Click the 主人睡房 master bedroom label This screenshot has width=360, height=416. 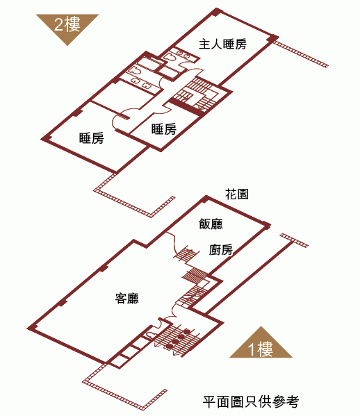[x=222, y=44]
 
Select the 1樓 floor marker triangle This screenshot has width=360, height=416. [x=261, y=345]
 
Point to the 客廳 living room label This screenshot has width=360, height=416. [x=126, y=298]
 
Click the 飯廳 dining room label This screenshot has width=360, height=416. [x=211, y=224]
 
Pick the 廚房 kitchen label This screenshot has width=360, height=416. [x=220, y=249]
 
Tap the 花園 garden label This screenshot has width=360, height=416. [x=237, y=194]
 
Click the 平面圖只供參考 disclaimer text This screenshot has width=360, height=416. [x=251, y=401]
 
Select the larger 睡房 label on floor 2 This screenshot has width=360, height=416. [x=91, y=138]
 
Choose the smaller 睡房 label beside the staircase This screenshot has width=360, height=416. [x=164, y=129]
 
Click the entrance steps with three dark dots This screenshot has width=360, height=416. [x=177, y=339]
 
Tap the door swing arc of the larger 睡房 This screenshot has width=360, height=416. [x=120, y=121]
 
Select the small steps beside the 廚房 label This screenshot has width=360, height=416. [x=186, y=253]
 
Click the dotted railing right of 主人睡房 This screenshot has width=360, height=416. [x=301, y=54]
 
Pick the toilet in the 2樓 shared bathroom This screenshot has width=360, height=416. [x=135, y=71]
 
